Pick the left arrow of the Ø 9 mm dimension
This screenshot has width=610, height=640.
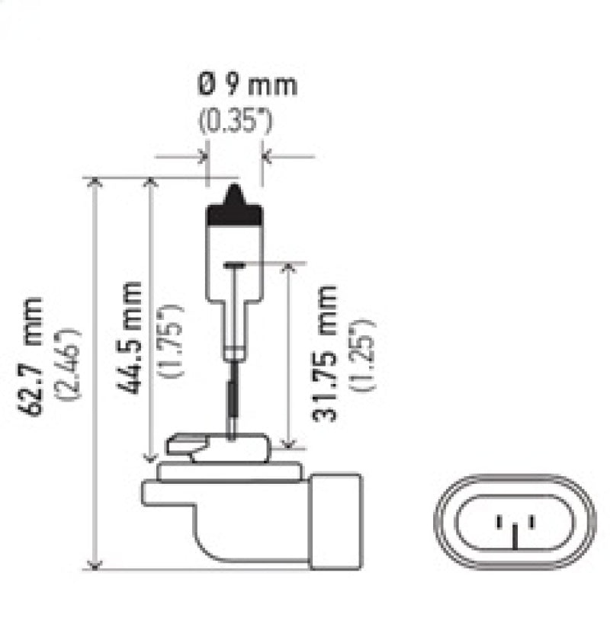202,157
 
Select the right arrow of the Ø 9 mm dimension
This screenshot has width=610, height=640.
267,157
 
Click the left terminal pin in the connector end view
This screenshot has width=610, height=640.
499,522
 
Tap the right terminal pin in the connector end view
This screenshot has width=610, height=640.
531,522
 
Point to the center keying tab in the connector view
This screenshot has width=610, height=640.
515,537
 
